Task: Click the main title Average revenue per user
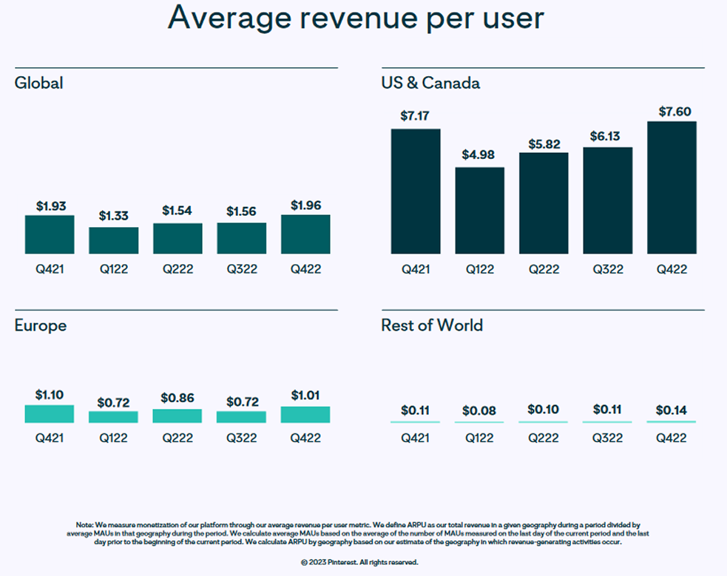[356, 18]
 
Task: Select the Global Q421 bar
[50, 235]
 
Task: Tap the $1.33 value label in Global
[114, 216]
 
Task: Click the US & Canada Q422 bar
[672, 188]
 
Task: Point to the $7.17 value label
[415, 116]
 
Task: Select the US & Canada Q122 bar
[479, 211]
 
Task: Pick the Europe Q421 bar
[50, 414]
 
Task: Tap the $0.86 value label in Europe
[177, 398]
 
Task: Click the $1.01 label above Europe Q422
[305, 395]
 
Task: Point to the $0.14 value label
[672, 410]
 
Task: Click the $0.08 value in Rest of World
[479, 410]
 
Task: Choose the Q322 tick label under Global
[242, 269]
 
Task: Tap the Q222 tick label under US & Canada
[544, 269]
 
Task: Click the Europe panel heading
[41, 325]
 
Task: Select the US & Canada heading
[430, 83]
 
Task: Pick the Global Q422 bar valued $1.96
[305, 235]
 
